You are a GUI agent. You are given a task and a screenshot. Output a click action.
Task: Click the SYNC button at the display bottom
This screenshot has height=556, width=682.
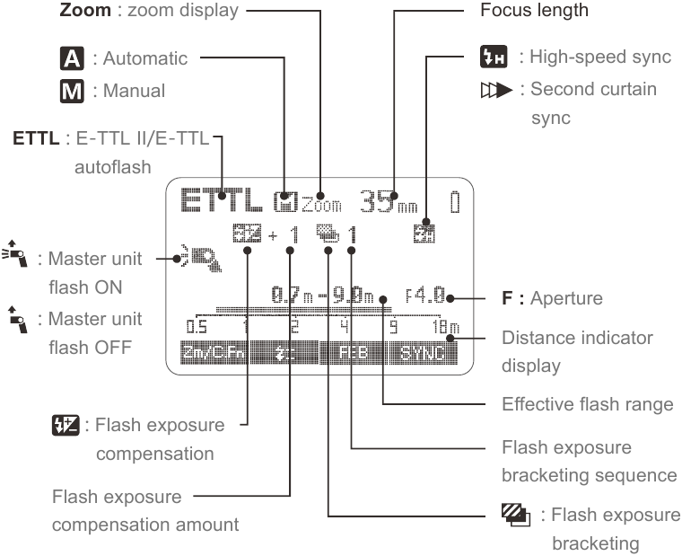423,353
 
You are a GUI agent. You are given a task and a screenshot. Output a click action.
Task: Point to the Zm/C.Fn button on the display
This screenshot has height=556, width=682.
207,353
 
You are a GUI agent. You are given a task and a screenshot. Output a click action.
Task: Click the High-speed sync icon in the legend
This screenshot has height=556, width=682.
512,58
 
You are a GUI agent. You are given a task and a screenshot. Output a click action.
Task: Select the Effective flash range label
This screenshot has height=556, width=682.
588,404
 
